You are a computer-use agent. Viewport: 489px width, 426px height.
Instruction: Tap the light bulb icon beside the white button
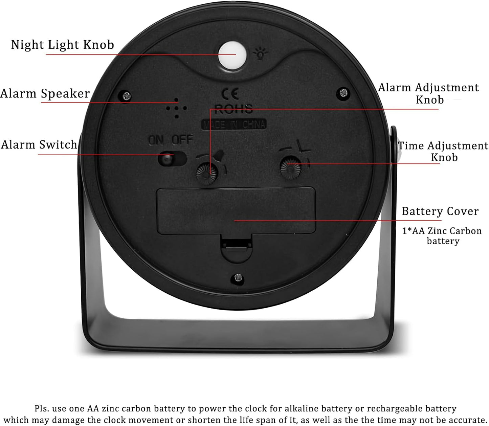(260, 53)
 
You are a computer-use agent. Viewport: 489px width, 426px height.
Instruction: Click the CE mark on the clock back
(230, 94)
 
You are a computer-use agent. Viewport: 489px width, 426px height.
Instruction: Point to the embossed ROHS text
(234, 109)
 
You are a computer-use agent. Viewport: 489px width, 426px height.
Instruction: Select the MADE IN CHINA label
(234, 124)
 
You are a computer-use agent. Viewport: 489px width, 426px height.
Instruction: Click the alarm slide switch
(172, 158)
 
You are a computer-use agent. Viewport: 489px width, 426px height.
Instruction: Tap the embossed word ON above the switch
(156, 140)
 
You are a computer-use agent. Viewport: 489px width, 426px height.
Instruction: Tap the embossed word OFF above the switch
(182, 140)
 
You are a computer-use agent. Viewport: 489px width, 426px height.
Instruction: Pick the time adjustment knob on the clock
(291, 167)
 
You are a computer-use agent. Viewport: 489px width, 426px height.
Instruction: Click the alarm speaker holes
(176, 108)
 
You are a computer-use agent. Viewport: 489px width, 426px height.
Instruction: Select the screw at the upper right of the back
(343, 92)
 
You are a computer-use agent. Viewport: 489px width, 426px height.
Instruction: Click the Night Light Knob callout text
(63, 45)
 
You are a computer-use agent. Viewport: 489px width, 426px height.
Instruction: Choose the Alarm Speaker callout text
(45, 93)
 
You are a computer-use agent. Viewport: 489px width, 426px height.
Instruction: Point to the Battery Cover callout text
(440, 211)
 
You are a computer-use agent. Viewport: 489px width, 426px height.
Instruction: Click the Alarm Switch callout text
(39, 144)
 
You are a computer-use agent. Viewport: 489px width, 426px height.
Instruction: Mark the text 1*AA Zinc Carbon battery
(442, 236)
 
